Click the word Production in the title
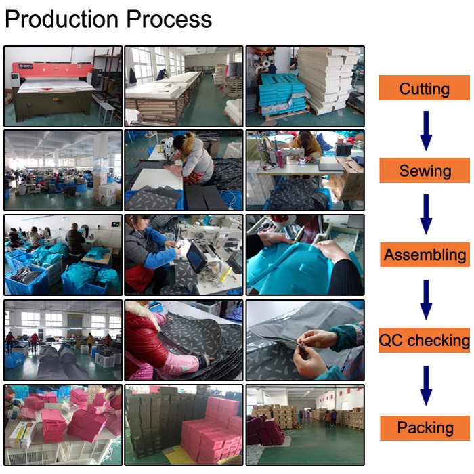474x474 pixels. click(x=62, y=19)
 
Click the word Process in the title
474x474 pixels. click(x=169, y=19)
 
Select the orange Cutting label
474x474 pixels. click(x=424, y=88)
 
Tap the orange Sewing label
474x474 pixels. click(x=425, y=170)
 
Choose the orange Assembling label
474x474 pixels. click(x=425, y=255)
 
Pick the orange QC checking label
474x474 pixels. click(x=424, y=340)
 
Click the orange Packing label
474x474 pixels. click(x=425, y=428)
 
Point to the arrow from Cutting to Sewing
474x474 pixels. click(x=426, y=131)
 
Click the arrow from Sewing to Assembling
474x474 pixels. click(x=426, y=214)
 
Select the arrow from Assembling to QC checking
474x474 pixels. click(x=426, y=299)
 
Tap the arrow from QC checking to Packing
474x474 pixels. click(x=426, y=385)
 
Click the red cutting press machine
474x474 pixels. click(x=52, y=89)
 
